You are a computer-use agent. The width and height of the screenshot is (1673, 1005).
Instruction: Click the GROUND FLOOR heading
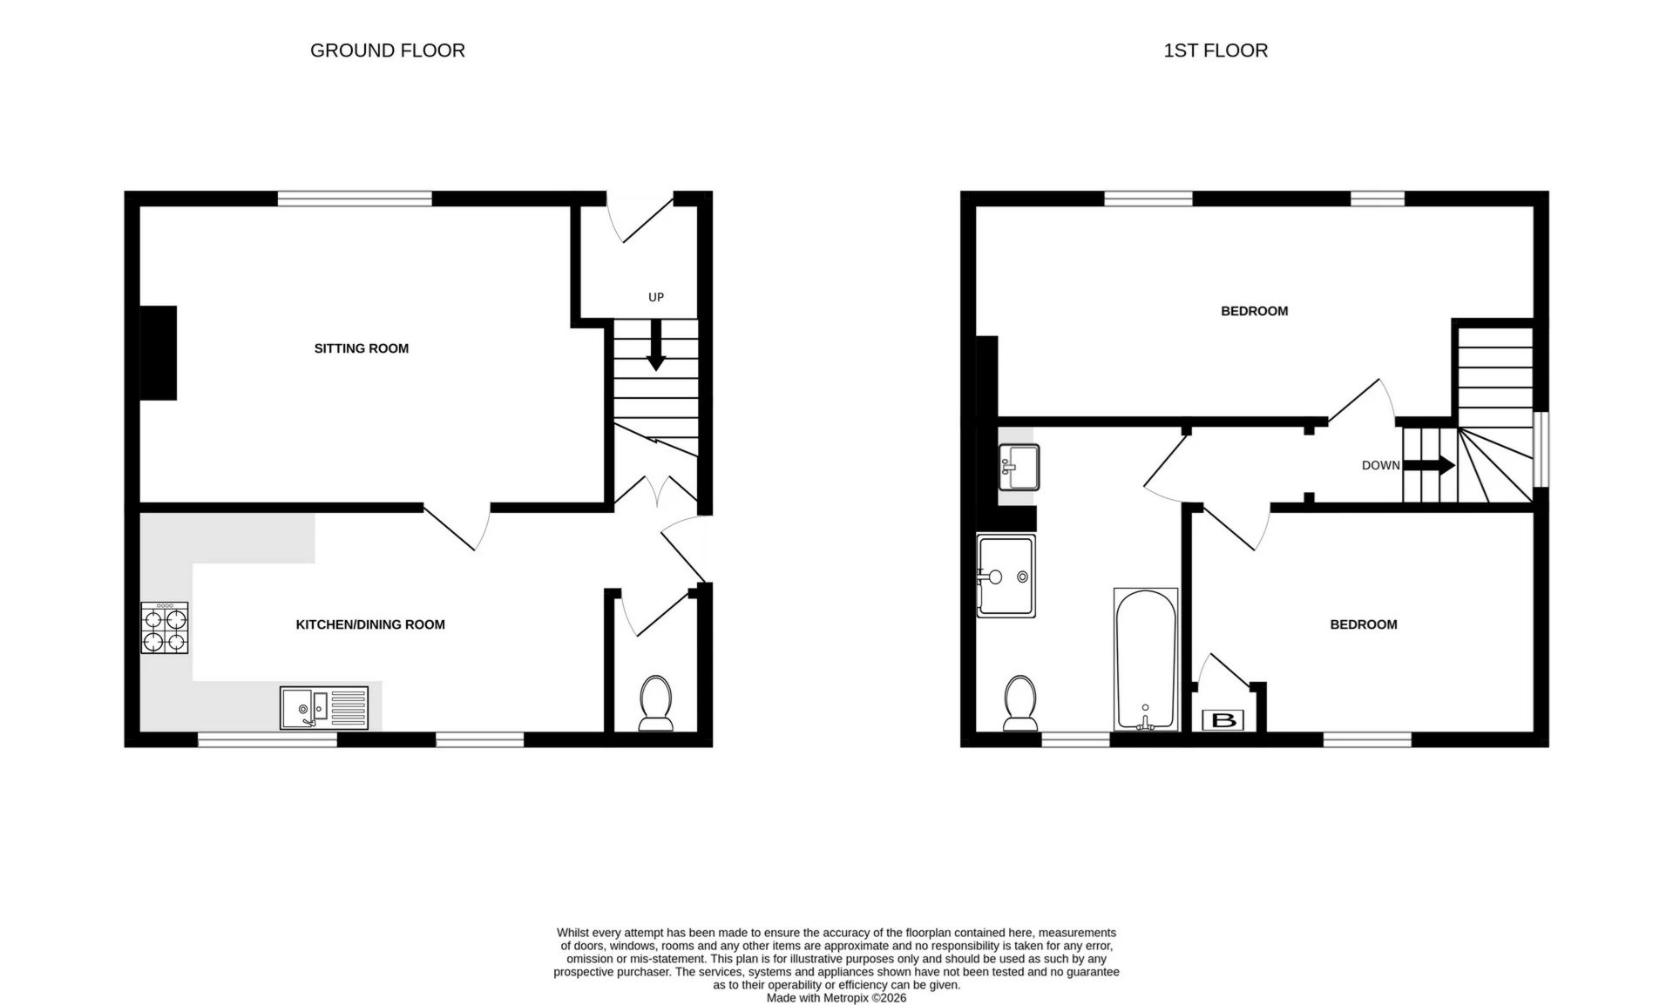[387, 51]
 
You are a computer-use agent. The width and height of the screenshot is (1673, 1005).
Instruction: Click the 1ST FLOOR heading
[1215, 51]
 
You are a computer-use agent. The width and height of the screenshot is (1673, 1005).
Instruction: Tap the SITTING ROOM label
[361, 348]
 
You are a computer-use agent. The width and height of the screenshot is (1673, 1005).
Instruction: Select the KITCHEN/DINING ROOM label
[370, 624]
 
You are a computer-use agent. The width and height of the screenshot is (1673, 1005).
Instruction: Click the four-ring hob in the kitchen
[165, 628]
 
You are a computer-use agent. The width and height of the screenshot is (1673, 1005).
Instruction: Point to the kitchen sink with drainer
[324, 707]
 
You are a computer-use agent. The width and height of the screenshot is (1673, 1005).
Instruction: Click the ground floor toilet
[655, 703]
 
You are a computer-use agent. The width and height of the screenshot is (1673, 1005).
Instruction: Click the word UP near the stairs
[656, 297]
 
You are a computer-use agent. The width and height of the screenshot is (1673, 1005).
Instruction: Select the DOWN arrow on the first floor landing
[1430, 465]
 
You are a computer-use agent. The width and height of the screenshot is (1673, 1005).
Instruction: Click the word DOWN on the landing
[1380, 465]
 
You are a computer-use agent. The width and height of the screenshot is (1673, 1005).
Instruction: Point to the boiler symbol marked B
[1223, 720]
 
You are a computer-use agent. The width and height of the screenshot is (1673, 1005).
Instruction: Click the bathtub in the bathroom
[1145, 659]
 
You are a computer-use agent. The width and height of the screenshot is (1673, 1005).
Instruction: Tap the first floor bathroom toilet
[1019, 703]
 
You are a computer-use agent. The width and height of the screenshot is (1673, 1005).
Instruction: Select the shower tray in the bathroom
[1006, 576]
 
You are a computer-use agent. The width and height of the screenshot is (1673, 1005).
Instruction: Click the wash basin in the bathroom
[1018, 468]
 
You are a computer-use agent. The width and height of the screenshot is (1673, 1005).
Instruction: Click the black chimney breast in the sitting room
[159, 353]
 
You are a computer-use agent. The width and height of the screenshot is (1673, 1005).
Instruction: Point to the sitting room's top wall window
[355, 199]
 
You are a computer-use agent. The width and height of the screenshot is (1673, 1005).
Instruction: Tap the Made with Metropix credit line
[836, 998]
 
